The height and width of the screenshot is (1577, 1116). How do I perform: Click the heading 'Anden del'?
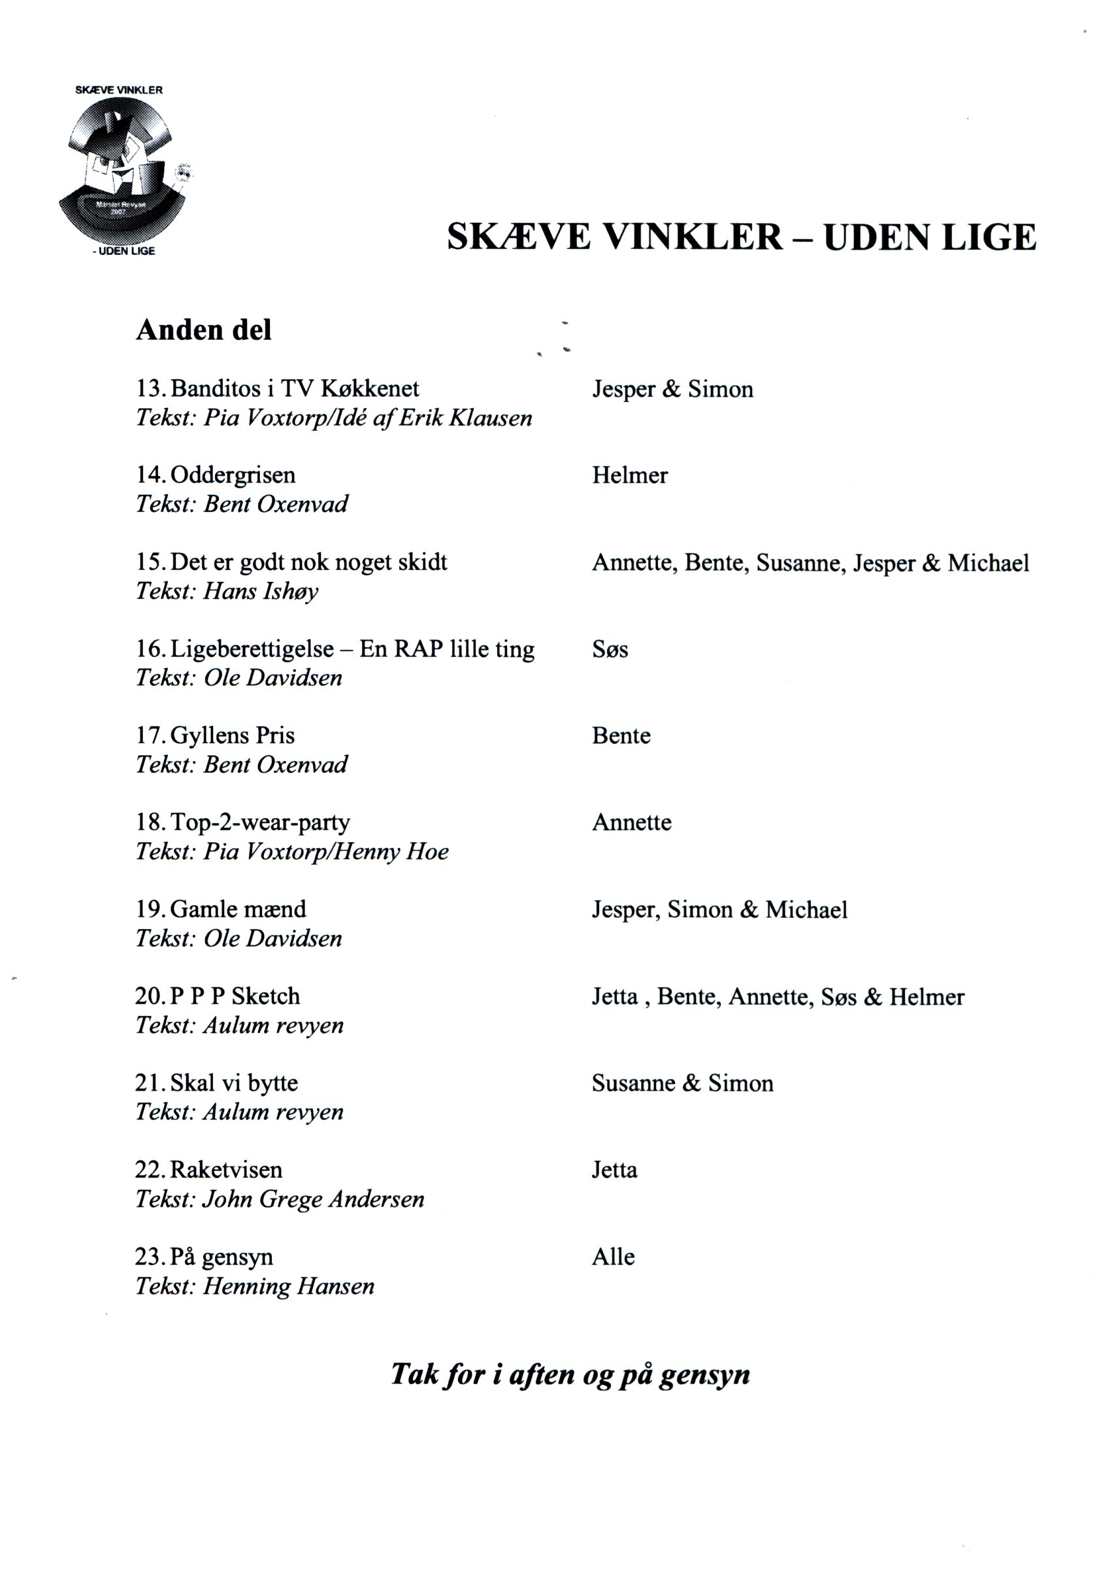(204, 330)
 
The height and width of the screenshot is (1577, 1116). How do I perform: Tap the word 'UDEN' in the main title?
(875, 237)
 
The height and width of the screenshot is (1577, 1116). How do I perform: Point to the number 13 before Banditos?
(149, 389)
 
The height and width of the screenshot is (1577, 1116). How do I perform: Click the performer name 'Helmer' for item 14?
(629, 476)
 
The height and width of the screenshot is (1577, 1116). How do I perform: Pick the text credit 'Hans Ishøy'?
(261, 591)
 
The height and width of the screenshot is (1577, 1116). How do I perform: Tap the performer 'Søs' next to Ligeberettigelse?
(610, 650)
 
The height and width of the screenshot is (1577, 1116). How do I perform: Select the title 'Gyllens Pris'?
(232, 736)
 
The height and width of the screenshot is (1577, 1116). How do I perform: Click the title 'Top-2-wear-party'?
(260, 822)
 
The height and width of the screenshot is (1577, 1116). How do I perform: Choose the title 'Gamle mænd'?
(238, 909)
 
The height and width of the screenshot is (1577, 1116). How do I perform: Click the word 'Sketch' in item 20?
(266, 996)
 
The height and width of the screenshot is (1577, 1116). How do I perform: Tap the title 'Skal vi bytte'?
(234, 1083)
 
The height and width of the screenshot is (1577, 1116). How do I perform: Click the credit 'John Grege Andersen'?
(314, 1200)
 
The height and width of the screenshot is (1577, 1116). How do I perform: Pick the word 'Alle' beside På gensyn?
(613, 1257)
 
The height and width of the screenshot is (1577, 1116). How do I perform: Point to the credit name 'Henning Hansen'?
(289, 1286)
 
